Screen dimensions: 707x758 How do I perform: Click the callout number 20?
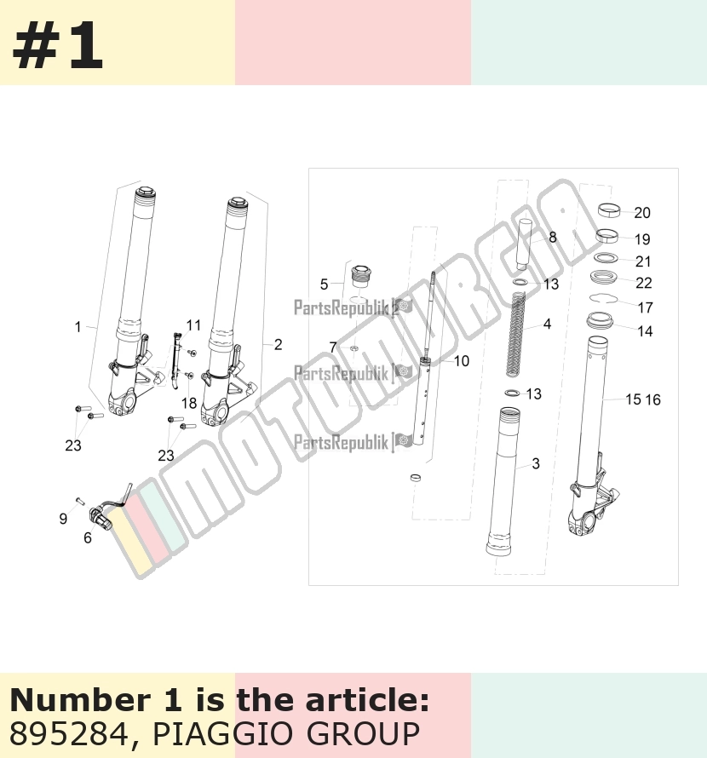pos(642,213)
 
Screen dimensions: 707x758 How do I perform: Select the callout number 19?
pos(642,239)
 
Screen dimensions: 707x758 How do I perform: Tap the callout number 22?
pos(644,283)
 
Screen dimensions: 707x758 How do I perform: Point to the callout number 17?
pos(646,307)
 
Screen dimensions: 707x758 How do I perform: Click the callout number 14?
pos(645,331)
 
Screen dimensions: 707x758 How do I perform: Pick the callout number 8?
pos(552,238)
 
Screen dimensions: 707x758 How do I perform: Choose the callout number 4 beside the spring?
pos(547,324)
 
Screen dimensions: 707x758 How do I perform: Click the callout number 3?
pos(535,463)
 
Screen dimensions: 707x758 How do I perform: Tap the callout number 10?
pos(462,361)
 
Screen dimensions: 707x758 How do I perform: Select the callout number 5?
pos(324,284)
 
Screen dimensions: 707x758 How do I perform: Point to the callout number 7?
pos(333,347)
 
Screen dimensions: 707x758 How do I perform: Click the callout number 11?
pos(193,325)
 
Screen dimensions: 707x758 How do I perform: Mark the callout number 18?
pos(189,403)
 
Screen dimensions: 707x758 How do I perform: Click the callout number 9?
pos(63,520)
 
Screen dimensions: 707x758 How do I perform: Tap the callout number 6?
pos(88,537)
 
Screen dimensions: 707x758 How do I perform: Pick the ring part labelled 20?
pos(609,210)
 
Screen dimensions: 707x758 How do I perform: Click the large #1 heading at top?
pos(58,46)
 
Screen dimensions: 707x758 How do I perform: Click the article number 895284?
pos(69,734)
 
